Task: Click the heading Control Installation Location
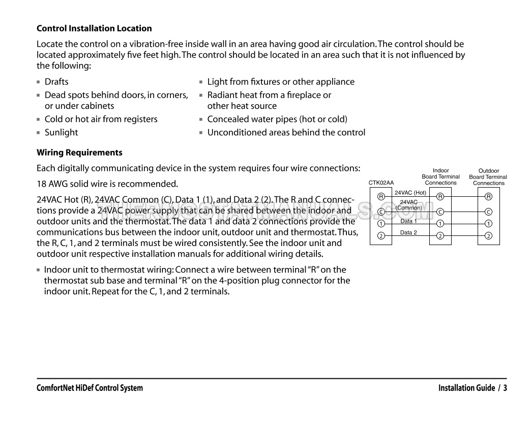tap(94, 28)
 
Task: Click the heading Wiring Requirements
tap(79, 153)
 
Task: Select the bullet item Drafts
tap(56, 81)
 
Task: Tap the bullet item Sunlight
tap(61, 132)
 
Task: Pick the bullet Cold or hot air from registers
tap(101, 119)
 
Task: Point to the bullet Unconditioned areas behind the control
tap(286, 132)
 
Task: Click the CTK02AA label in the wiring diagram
tap(381, 183)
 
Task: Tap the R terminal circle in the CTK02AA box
tap(381, 196)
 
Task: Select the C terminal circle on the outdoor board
tap(488, 212)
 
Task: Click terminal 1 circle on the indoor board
tap(440, 223)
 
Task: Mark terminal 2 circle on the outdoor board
tap(488, 235)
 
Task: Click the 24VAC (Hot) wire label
tap(410, 193)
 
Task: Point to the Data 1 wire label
tap(408, 221)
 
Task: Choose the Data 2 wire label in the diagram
tap(408, 232)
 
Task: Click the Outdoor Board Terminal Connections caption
tap(488, 177)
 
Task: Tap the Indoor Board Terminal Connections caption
tap(440, 176)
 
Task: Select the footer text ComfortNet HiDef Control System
tap(90, 388)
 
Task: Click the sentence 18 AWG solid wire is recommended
tap(107, 183)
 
